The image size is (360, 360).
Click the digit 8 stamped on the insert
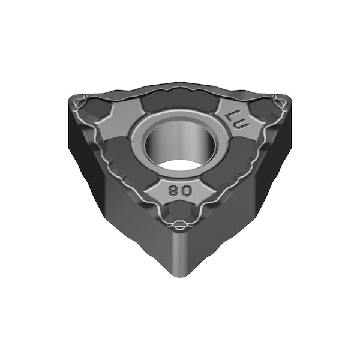(x=172, y=191)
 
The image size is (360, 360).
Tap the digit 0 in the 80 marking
(x=187, y=191)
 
